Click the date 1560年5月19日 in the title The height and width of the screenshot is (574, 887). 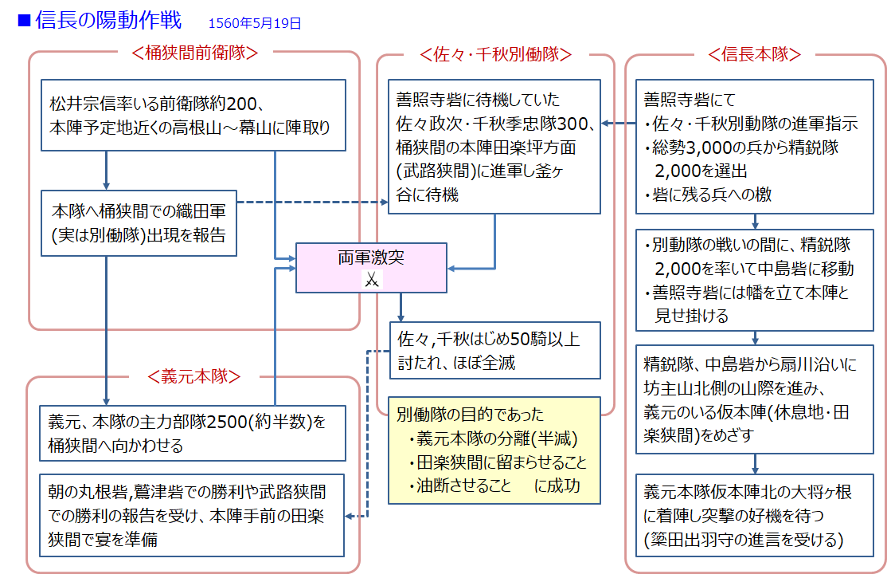[255, 23]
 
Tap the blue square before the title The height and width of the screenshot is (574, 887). [24, 19]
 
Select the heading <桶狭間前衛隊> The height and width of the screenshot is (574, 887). [195, 53]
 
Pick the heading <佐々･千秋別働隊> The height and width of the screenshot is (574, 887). [495, 55]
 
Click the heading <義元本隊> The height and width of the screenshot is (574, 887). [194, 375]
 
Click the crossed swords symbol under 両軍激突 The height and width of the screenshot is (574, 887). [372, 280]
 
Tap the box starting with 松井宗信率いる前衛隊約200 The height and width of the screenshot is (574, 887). [193, 114]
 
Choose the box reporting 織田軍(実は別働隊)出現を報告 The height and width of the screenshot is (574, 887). [139, 222]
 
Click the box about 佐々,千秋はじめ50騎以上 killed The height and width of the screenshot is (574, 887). [494, 350]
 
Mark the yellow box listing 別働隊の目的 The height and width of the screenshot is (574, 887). [494, 450]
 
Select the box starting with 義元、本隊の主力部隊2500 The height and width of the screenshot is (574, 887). [193, 433]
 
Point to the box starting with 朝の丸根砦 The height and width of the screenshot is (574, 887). [193, 515]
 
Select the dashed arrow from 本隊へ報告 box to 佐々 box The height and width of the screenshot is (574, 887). [311, 202]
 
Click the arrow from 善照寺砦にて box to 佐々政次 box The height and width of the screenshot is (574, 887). [618, 124]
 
